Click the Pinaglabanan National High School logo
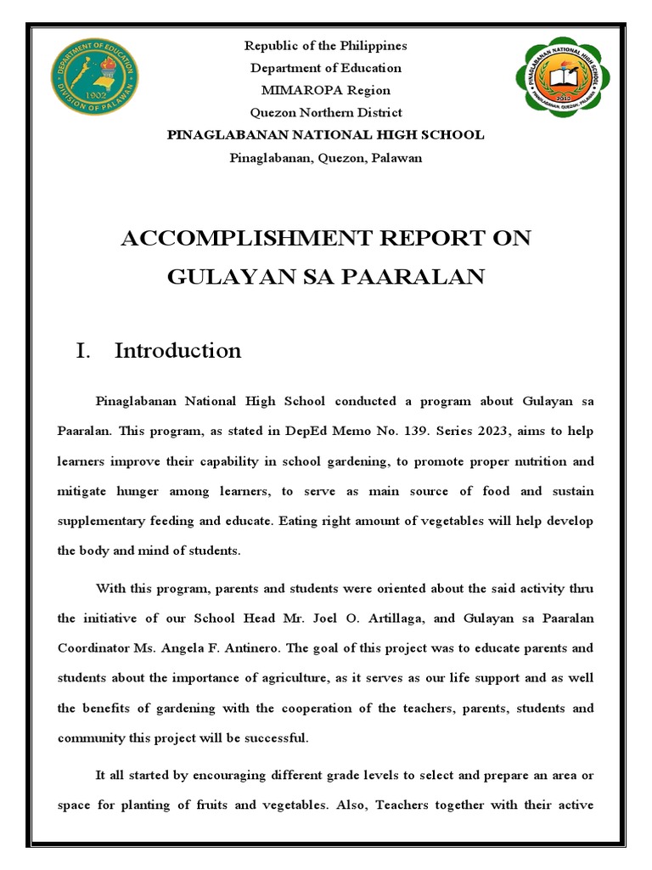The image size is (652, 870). (x=561, y=78)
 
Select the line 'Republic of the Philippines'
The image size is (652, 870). (x=325, y=46)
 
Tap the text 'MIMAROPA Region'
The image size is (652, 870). (x=325, y=90)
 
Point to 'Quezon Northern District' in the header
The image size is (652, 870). (x=325, y=112)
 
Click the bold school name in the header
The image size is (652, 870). (x=325, y=134)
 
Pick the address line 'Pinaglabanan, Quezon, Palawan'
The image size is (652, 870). (x=325, y=157)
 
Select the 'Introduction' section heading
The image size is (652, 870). (x=177, y=350)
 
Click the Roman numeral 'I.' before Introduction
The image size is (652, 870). (x=83, y=350)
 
